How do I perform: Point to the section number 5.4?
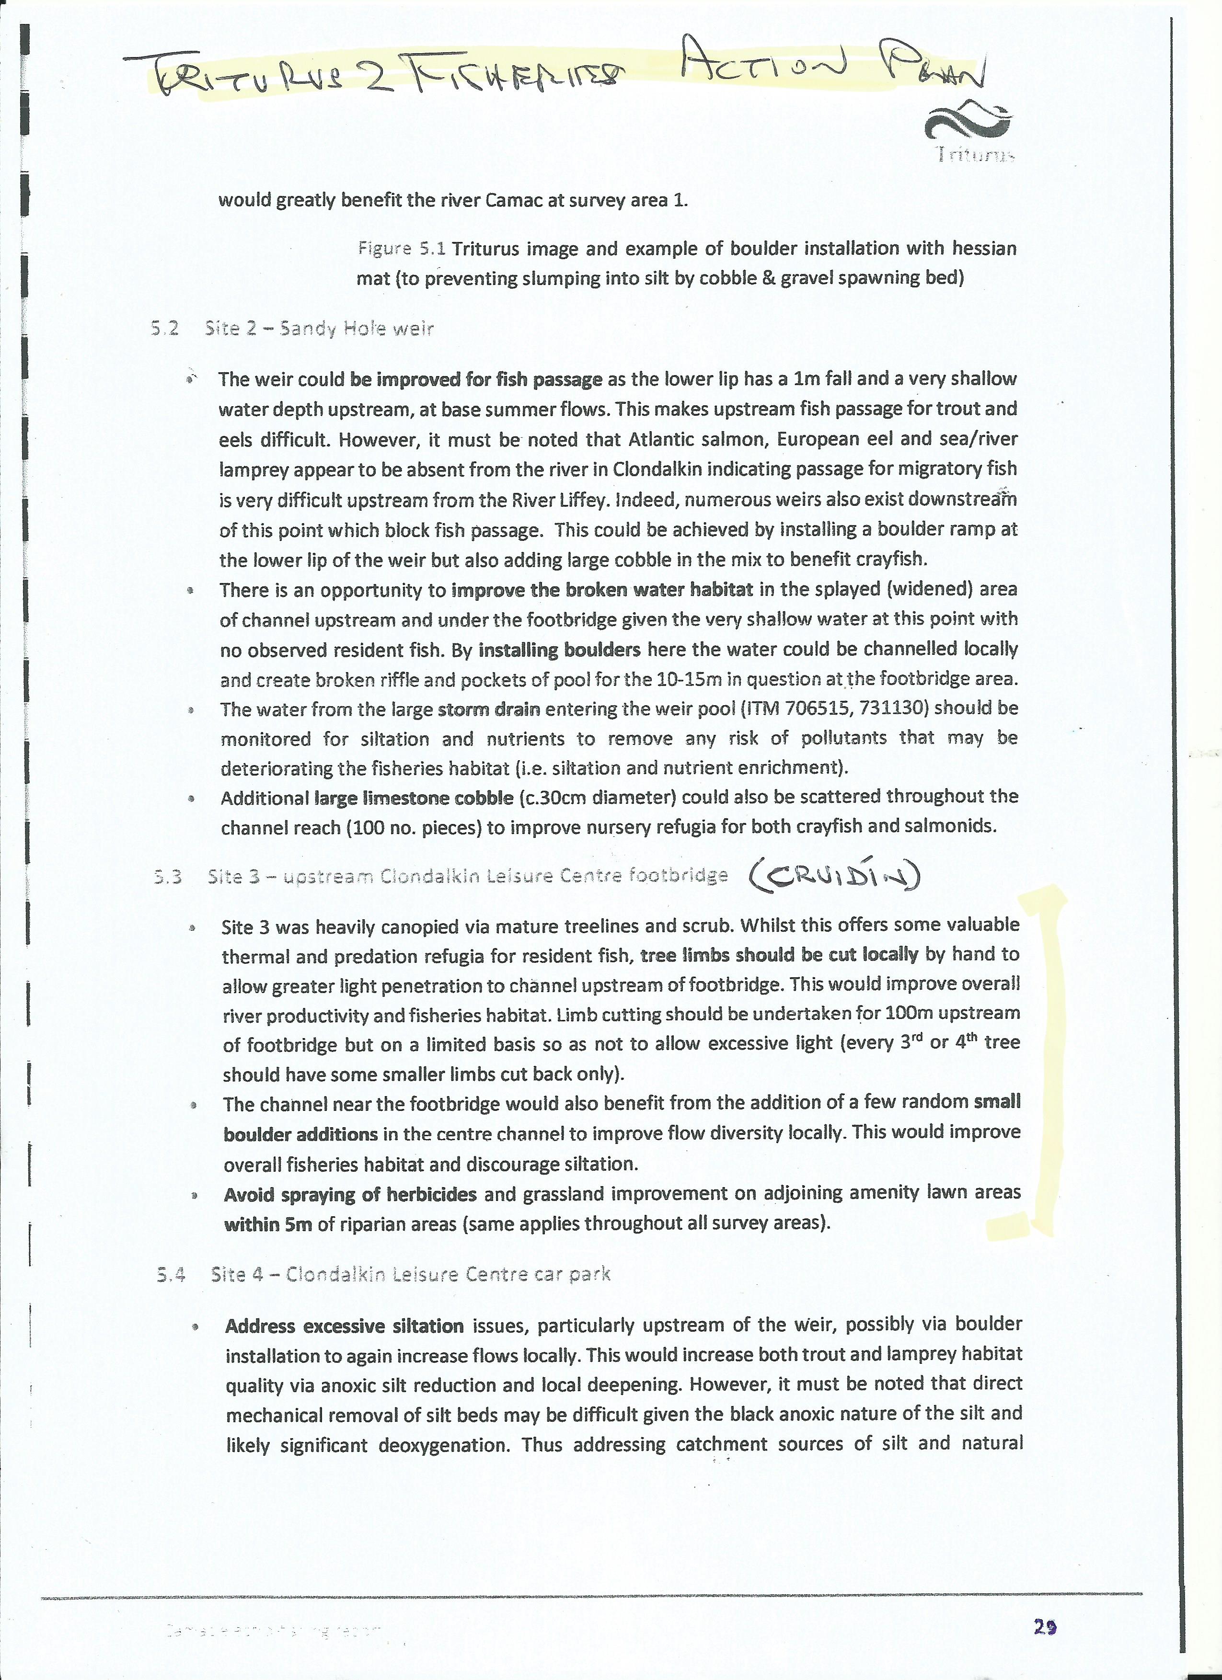point(171,1274)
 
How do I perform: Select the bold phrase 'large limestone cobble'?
point(414,798)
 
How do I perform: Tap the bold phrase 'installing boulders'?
point(560,650)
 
